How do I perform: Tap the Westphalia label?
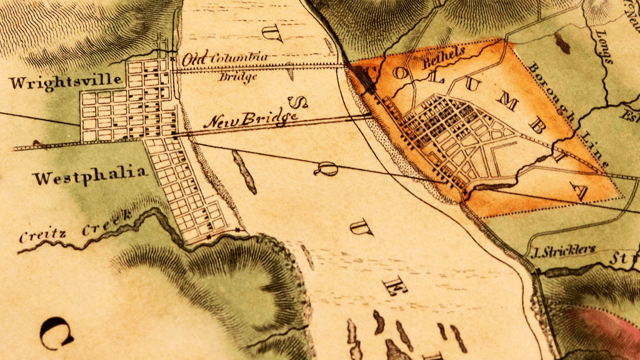90,175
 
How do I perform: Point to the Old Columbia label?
225,57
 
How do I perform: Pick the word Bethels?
444,57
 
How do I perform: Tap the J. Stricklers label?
565,250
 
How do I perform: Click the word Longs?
604,46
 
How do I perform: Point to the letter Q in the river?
325,168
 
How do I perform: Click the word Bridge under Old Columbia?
238,77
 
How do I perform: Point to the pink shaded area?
608,333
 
